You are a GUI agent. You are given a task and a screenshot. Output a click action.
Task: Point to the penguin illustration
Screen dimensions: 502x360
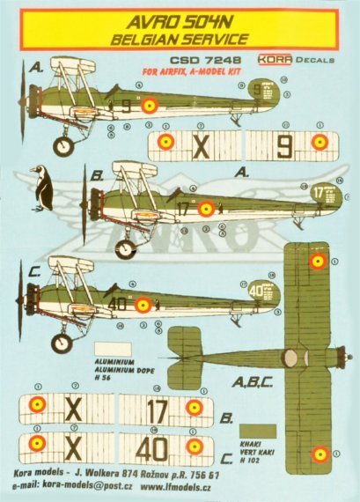coord(40,186)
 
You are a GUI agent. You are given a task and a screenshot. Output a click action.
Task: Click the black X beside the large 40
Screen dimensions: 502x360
coord(74,447)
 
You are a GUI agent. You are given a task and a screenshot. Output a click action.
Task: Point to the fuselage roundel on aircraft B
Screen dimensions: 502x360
coord(206,209)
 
